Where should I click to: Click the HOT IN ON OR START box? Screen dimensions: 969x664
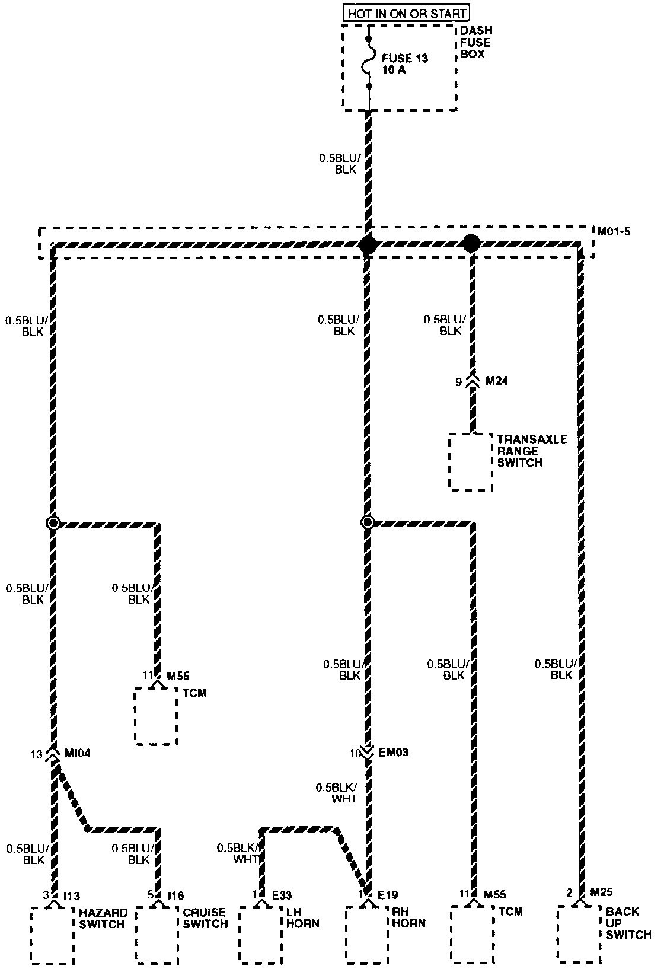(x=407, y=13)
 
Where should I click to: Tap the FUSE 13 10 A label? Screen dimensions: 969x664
(x=405, y=65)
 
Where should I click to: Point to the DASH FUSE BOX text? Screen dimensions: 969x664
(x=475, y=42)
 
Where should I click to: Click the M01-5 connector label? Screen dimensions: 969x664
(x=614, y=231)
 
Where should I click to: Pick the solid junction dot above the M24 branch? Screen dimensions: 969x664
(x=471, y=243)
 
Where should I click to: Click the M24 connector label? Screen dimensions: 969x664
(x=497, y=381)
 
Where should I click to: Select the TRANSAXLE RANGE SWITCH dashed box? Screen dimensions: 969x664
(x=471, y=462)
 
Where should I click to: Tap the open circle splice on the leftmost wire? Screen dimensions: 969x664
(x=53, y=523)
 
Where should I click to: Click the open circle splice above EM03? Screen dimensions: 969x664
(x=368, y=523)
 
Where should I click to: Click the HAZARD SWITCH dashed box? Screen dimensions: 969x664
(x=52, y=935)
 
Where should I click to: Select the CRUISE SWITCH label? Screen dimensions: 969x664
(x=205, y=918)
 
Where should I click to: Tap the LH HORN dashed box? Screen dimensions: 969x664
(x=261, y=935)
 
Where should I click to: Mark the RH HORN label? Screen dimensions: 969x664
(x=408, y=917)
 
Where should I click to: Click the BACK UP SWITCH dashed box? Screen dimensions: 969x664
(x=579, y=933)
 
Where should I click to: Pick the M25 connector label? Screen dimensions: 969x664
(x=601, y=893)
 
